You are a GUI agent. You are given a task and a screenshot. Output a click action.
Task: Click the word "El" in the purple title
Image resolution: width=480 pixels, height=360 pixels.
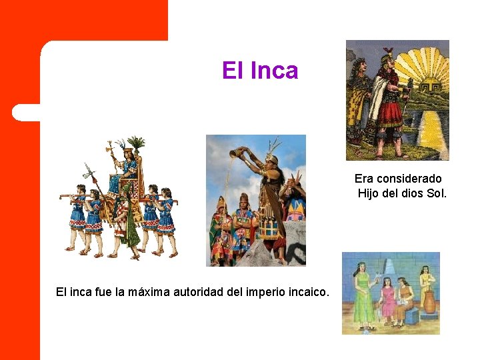(x=233, y=70)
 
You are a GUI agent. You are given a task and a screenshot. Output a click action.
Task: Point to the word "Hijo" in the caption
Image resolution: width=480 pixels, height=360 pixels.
(x=369, y=193)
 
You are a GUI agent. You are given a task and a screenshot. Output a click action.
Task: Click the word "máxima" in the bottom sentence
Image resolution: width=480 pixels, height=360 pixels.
(x=141, y=291)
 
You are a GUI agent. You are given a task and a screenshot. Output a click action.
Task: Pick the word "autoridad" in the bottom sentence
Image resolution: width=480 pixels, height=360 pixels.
(x=192, y=291)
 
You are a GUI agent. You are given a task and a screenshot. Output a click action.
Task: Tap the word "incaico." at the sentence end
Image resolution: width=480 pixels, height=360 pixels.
(x=307, y=291)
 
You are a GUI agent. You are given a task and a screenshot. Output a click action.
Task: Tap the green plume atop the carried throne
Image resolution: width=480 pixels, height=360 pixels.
(x=137, y=143)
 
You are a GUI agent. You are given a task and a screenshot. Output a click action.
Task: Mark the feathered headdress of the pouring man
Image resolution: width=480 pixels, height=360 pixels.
(x=273, y=147)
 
